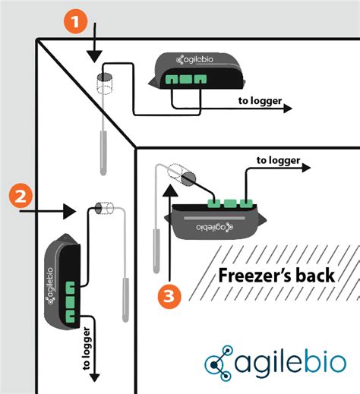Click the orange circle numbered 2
click(x=21, y=198)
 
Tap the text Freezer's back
click(x=276, y=275)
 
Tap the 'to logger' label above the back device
click(x=277, y=160)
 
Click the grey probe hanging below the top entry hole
click(x=101, y=152)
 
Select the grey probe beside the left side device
click(x=125, y=299)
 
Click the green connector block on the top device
click(x=182, y=78)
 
